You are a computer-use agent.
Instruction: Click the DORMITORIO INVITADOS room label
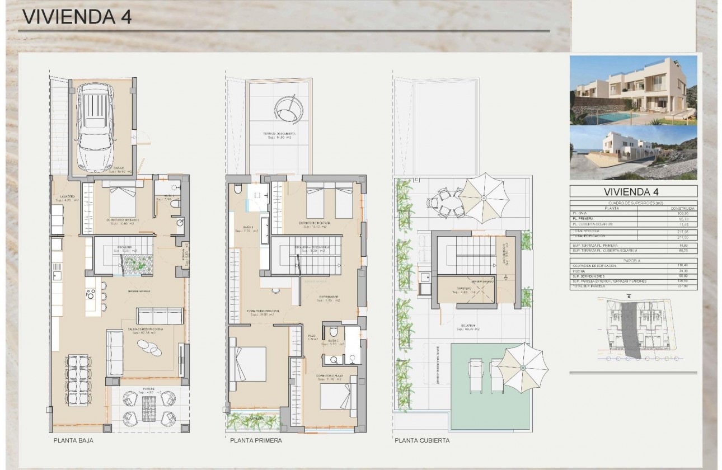click(123, 220)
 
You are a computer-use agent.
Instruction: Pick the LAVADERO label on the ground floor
click(68, 196)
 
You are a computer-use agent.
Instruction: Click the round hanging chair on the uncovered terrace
click(290, 108)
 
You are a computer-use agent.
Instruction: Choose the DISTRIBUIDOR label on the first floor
click(329, 297)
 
